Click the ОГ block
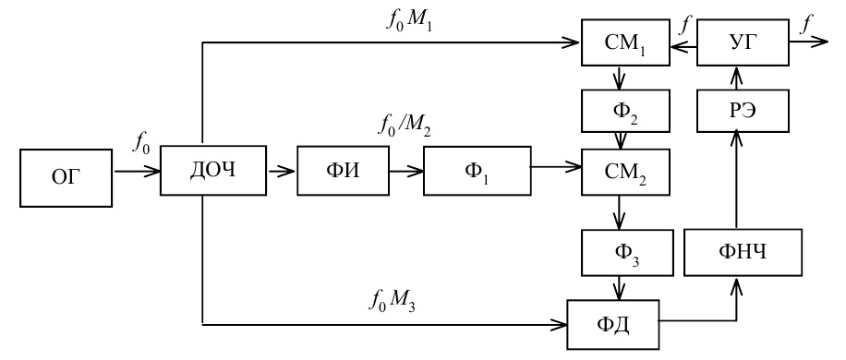66,178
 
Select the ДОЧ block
213,170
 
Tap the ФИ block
344,170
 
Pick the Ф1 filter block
477,170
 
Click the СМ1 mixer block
625,42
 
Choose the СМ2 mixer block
625,172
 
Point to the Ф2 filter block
625,111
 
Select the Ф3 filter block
627,252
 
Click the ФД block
613,324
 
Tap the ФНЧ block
743,252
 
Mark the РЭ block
743,111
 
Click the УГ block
743,42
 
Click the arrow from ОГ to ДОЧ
137,172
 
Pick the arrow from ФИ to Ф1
406,172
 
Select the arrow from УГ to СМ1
683,47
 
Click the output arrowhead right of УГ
820,42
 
